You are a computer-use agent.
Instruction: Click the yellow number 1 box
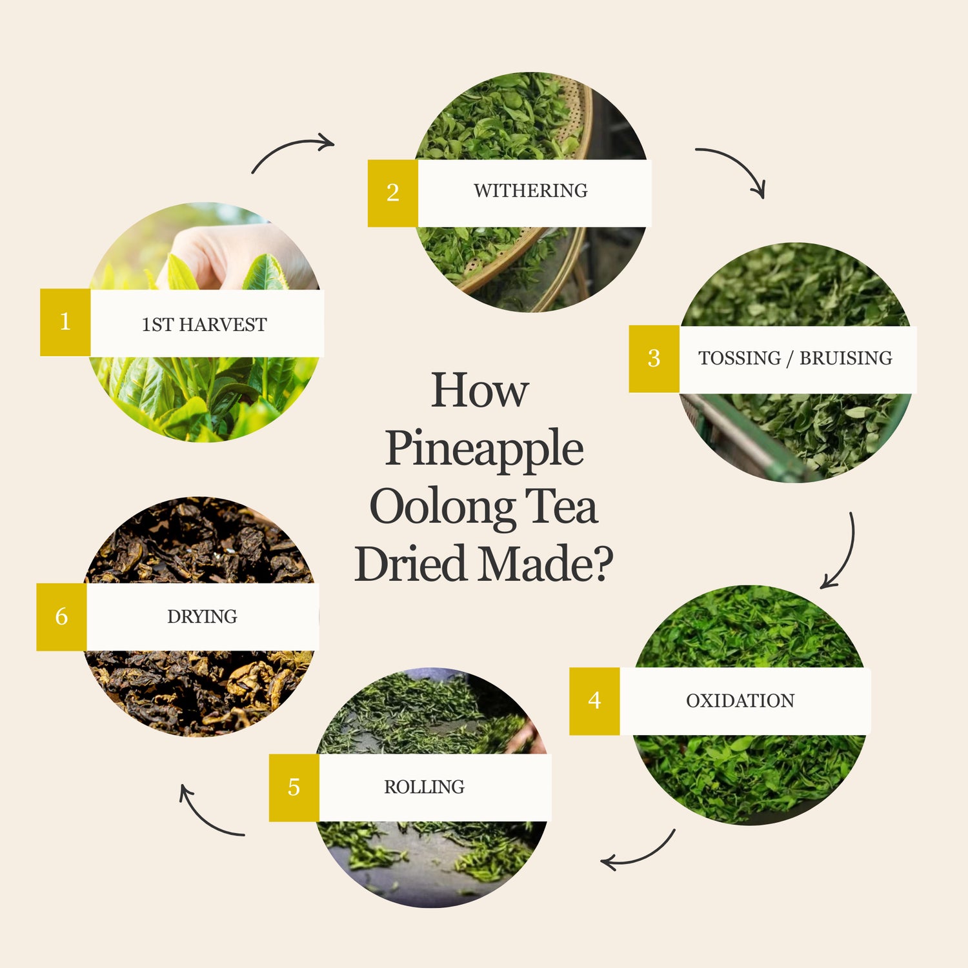coord(65,322)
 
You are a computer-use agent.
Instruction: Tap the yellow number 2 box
coord(393,193)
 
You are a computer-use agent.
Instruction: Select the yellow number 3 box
coord(654,359)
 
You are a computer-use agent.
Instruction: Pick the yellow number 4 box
coord(595,701)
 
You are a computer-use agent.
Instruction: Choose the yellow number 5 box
coord(294,787)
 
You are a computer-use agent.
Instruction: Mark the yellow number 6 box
coord(61,617)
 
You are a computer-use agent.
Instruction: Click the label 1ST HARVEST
coord(204,325)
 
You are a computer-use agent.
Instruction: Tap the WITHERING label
coord(530,191)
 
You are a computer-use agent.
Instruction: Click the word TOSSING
coord(740,358)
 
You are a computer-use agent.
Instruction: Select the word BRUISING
coord(846,358)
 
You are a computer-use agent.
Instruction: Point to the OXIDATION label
coord(740,701)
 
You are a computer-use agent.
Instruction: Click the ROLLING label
coord(424,787)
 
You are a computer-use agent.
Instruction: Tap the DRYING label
coord(202,617)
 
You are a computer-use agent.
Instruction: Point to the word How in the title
coord(480,390)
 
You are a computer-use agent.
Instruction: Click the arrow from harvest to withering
coord(288,145)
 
